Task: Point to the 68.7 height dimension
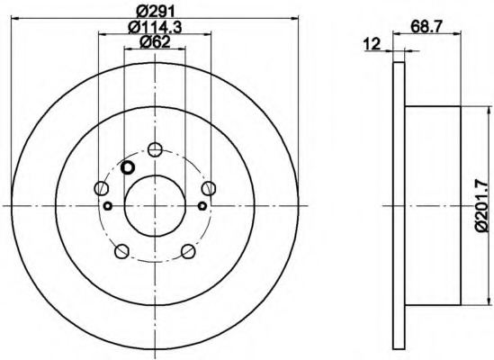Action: pos(427,29)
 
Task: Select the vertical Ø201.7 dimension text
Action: pos(481,207)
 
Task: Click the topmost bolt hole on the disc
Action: pos(155,150)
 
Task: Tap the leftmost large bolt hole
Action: pos(101,188)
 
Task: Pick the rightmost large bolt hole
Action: pos(209,188)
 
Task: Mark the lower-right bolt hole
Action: pos(188,252)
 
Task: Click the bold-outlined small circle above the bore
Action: pos(127,167)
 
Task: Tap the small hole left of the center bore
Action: pos(108,206)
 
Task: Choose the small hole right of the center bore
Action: pos(201,206)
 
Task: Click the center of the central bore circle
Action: pos(154,206)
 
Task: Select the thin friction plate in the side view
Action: pos(400,207)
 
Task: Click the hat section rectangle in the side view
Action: pos(433,207)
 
